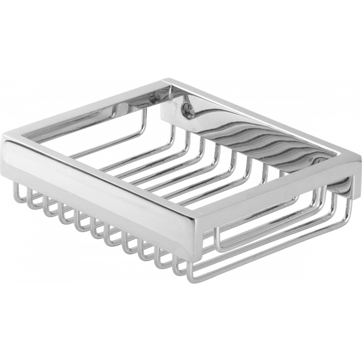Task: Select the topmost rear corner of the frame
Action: click(x=167, y=79)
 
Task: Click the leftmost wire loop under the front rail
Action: click(x=20, y=192)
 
